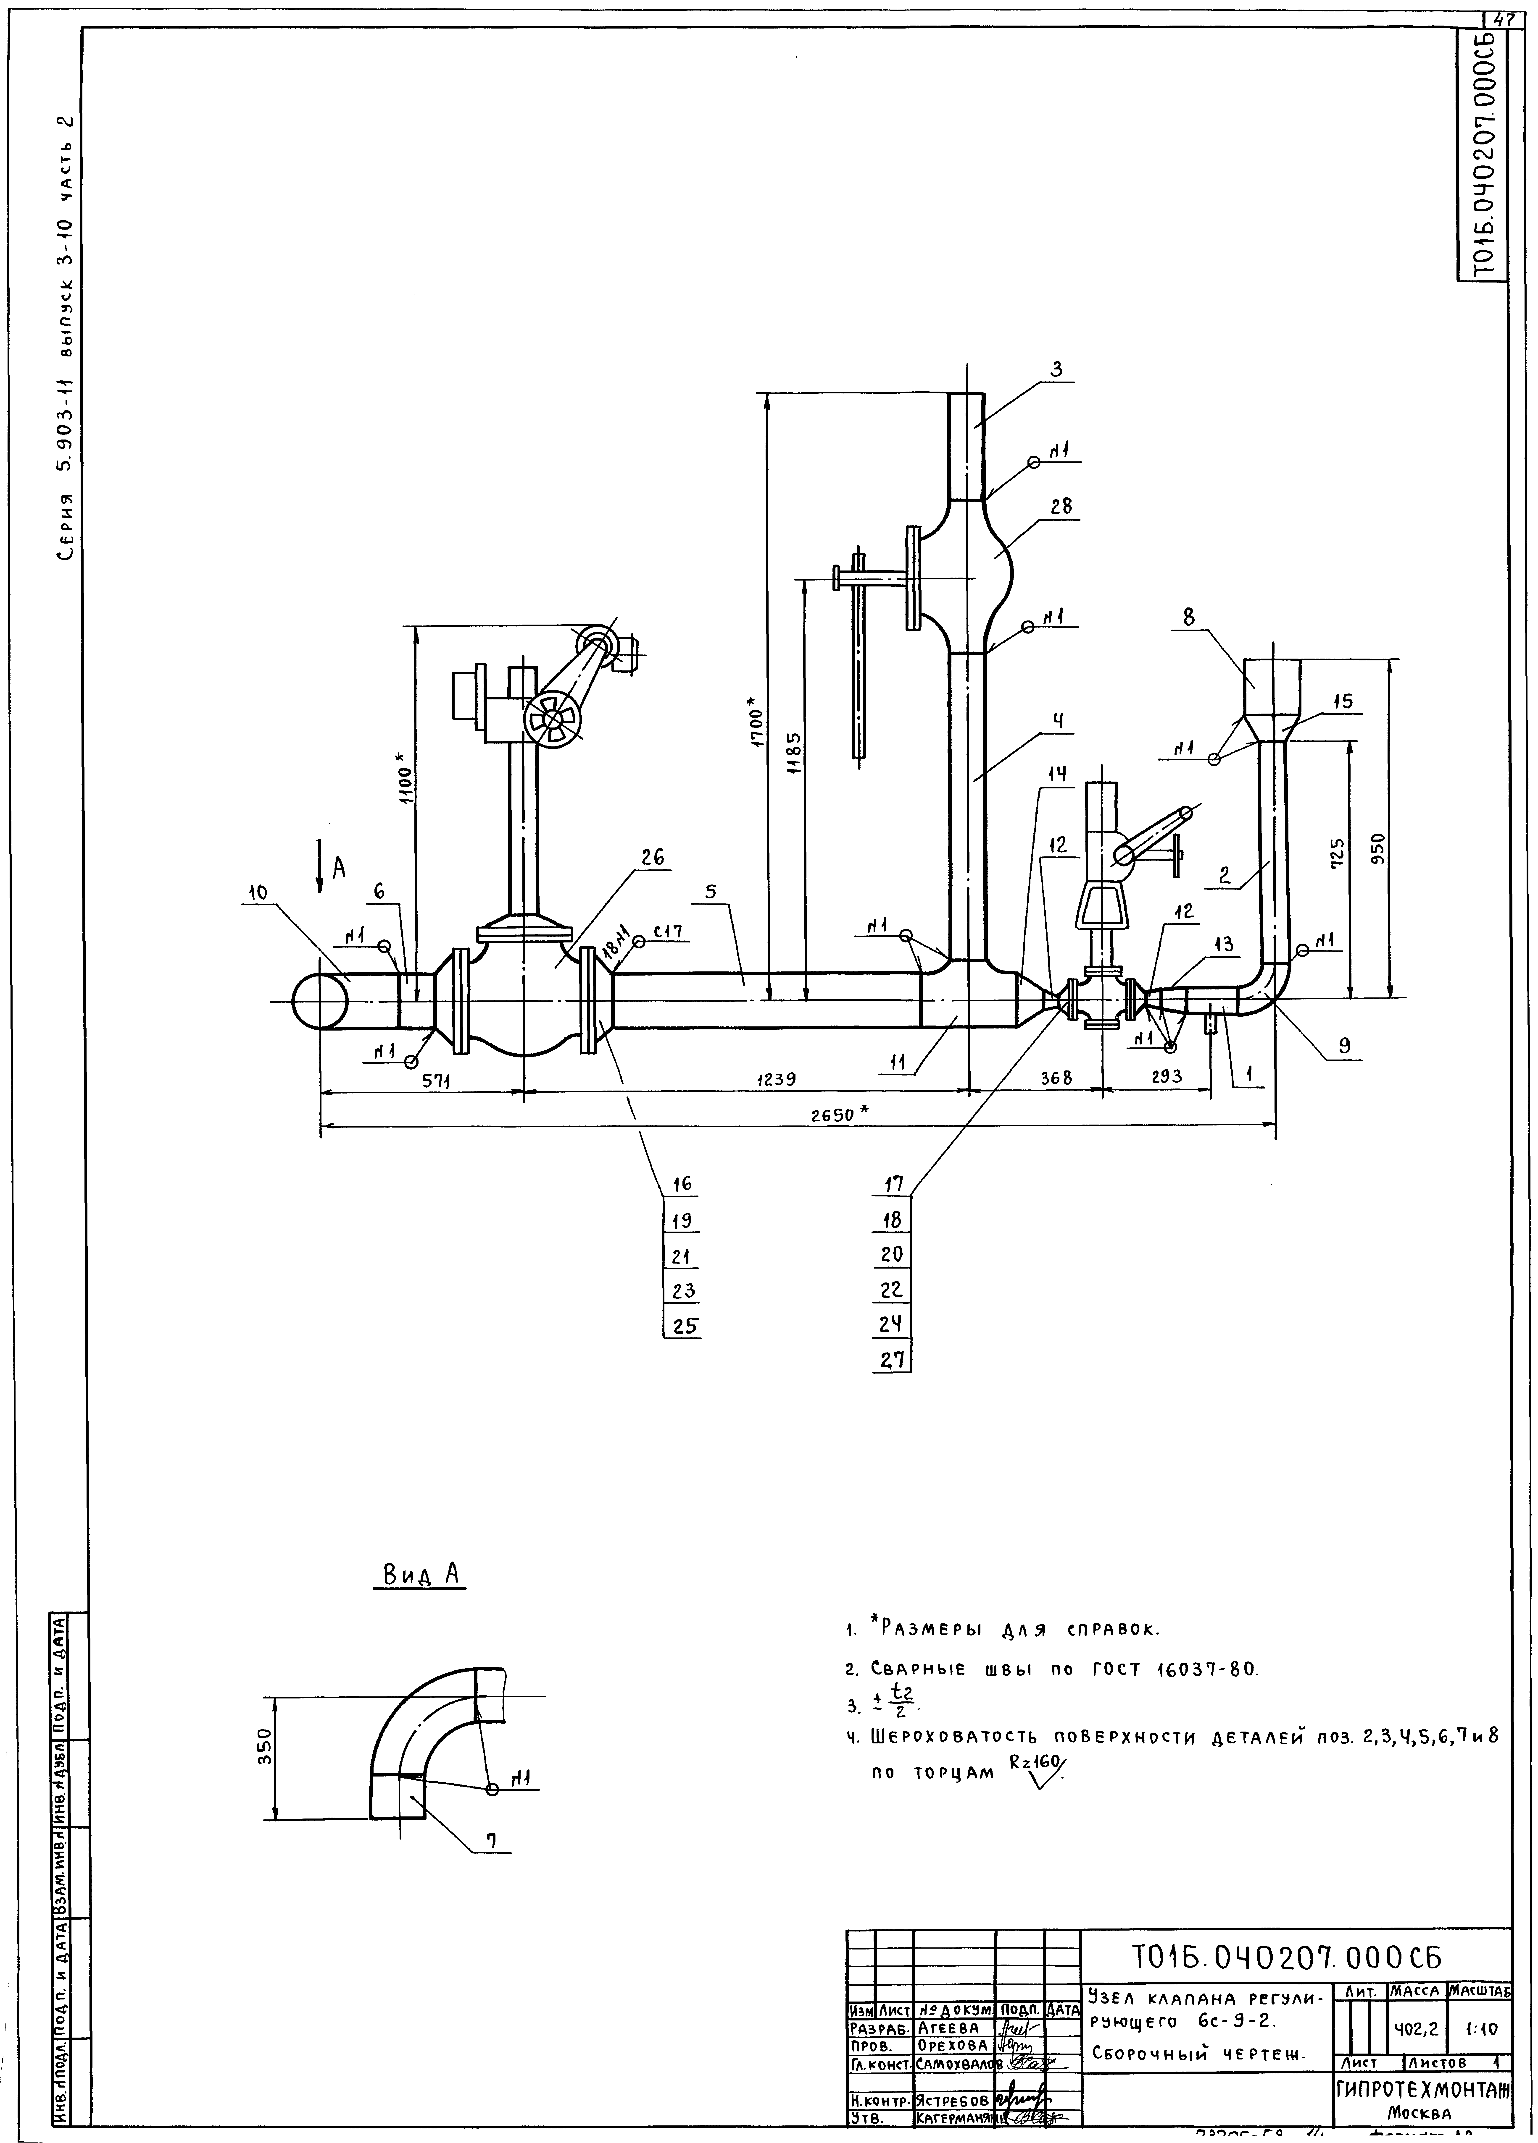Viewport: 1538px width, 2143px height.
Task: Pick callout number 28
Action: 1061,506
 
